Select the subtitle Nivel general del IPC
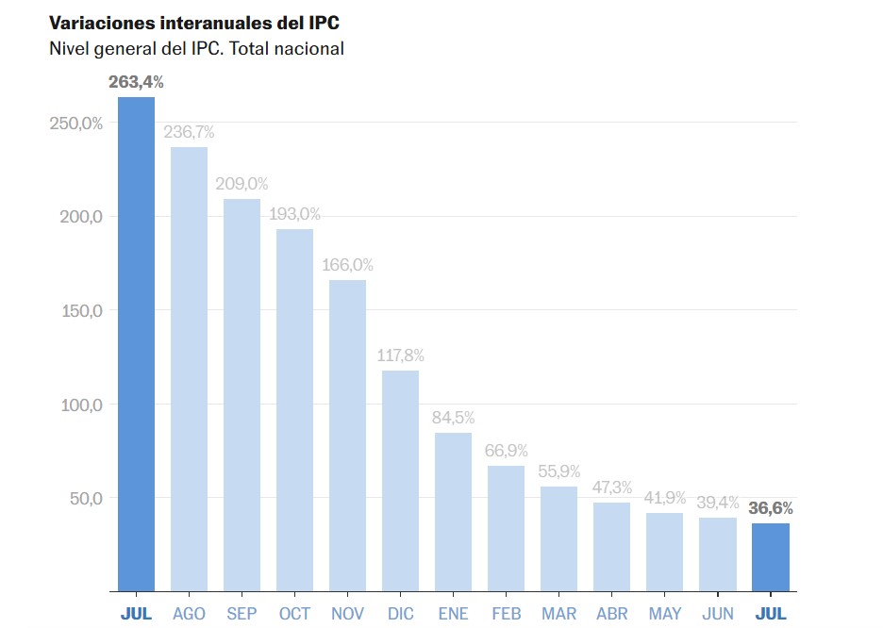196,48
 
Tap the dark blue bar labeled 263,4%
136,344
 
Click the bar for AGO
189,369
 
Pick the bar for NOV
347,436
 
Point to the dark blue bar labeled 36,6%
771,557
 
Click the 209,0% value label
242,184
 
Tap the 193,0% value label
294,214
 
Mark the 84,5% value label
453,417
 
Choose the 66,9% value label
506,451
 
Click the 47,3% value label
612,488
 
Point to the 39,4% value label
718,503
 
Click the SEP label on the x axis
242,614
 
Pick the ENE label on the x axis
453,614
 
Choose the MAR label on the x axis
559,614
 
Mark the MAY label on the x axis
665,614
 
